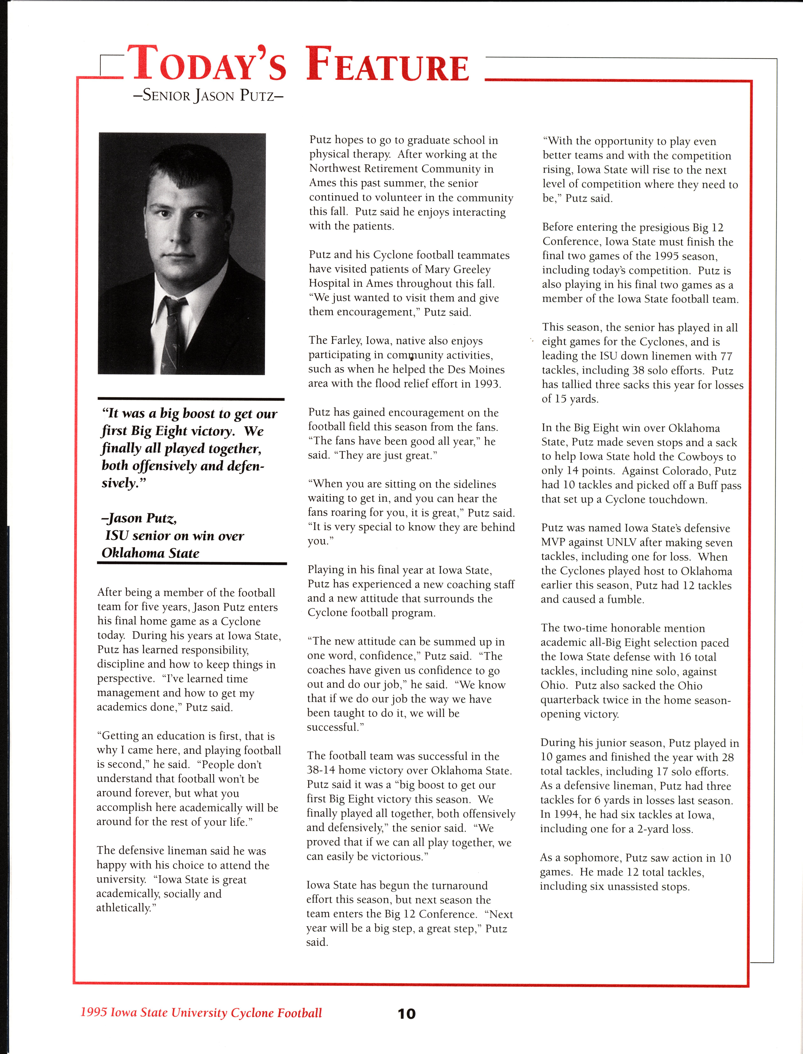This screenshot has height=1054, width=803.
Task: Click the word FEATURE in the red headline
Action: (x=387, y=65)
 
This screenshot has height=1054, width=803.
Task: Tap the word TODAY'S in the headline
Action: (x=206, y=65)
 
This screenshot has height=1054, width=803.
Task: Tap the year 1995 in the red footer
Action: (x=93, y=1012)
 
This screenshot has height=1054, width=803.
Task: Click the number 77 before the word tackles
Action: (x=726, y=356)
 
